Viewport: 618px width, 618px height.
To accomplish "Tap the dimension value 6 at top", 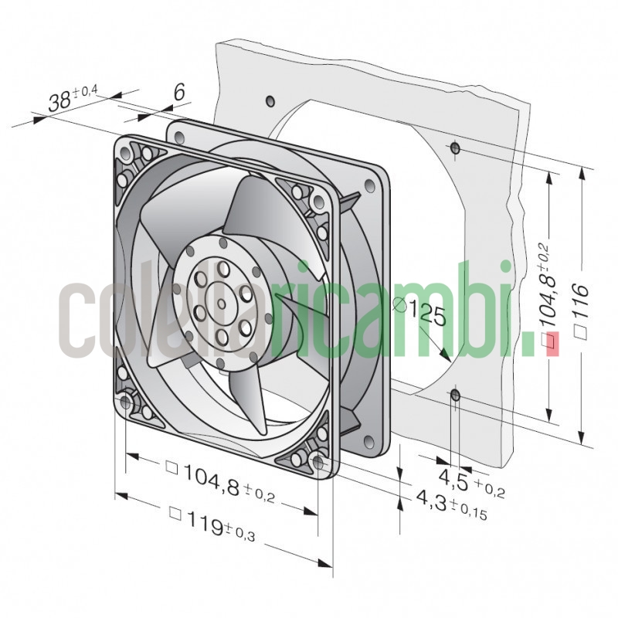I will [178, 93].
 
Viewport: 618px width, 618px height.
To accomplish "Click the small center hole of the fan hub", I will [222, 303].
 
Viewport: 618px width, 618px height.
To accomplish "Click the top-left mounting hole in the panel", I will [270, 101].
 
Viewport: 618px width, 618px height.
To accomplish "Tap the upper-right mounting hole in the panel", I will [455, 147].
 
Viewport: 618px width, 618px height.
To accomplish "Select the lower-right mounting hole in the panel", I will [455, 396].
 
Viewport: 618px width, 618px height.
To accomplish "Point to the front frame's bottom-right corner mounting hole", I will [318, 462].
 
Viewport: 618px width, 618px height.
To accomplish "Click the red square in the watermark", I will [552, 341].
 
